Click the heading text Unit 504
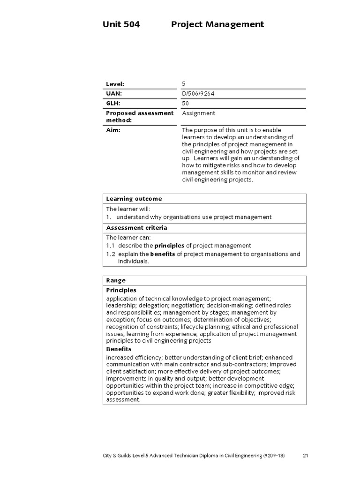[x=121, y=24]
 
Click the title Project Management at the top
[x=217, y=24]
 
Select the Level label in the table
[x=115, y=84]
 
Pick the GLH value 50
[x=185, y=104]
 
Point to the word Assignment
[x=198, y=113]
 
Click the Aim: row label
[x=113, y=130]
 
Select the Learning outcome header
[x=134, y=199]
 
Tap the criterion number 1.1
[x=110, y=246]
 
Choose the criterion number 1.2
[x=110, y=255]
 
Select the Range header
[x=116, y=281]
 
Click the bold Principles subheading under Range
[x=121, y=290]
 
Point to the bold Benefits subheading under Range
[x=119, y=349]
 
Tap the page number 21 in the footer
[x=306, y=456]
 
